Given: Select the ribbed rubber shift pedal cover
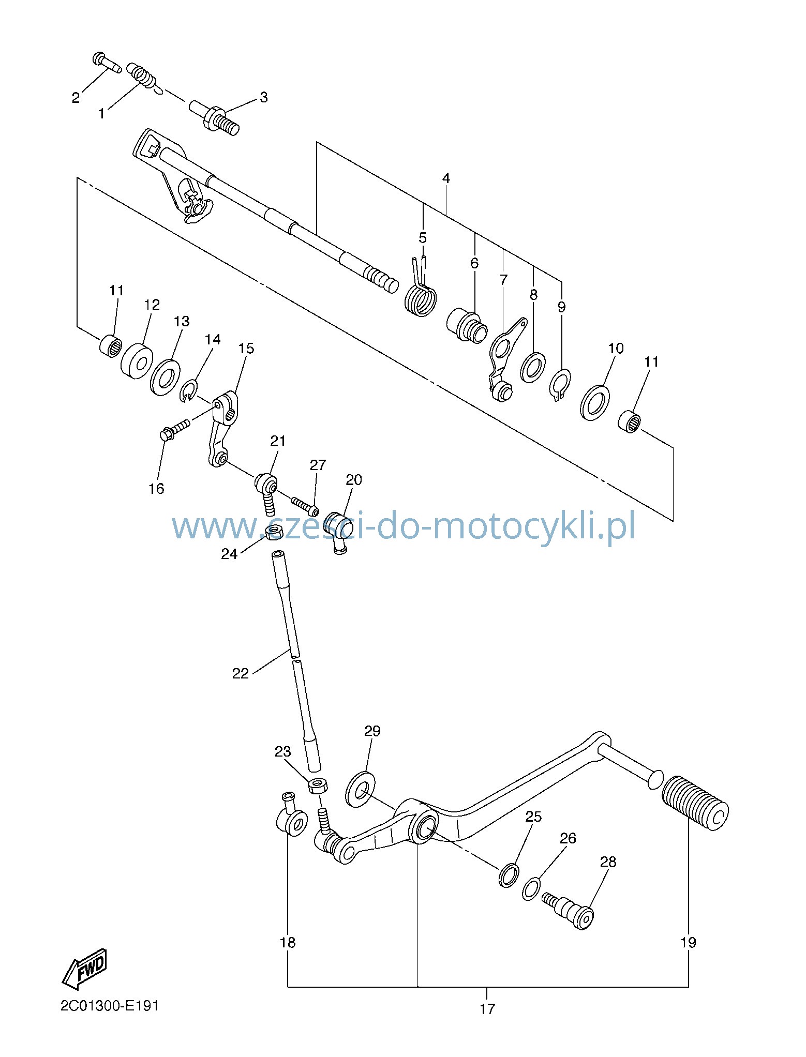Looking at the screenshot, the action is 695,804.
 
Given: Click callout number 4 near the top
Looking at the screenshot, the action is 446,178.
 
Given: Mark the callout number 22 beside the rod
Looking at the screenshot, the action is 241,673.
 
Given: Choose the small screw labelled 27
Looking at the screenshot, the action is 305,506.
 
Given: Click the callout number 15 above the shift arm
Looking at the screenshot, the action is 246,349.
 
